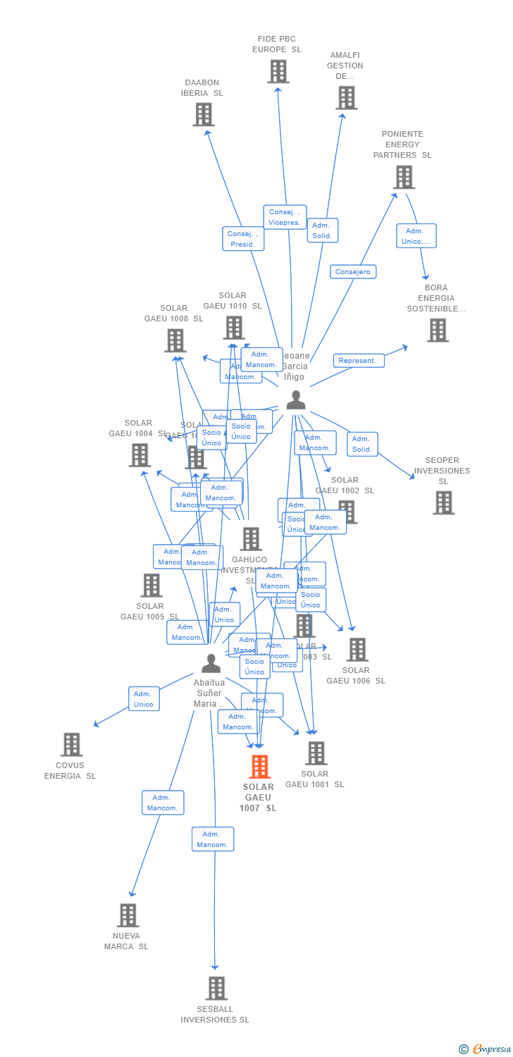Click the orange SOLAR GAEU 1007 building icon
click(260, 767)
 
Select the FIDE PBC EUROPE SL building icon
click(278, 71)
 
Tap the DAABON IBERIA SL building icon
click(203, 114)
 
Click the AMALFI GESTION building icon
click(346, 98)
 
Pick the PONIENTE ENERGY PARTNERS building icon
click(403, 178)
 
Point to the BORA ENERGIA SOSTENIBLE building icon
click(437, 330)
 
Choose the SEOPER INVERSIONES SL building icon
click(443, 503)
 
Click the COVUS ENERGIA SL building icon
click(71, 745)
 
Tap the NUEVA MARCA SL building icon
click(128, 915)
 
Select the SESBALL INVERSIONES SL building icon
click(216, 989)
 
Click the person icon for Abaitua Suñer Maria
click(211, 663)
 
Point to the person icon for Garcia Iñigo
click(296, 400)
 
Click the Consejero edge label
click(353, 272)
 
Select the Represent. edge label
click(358, 361)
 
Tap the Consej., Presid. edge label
click(243, 239)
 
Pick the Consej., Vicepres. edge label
click(285, 217)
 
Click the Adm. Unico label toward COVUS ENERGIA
click(144, 699)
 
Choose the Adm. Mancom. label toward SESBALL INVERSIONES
click(212, 839)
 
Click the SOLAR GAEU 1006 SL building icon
click(357, 650)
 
